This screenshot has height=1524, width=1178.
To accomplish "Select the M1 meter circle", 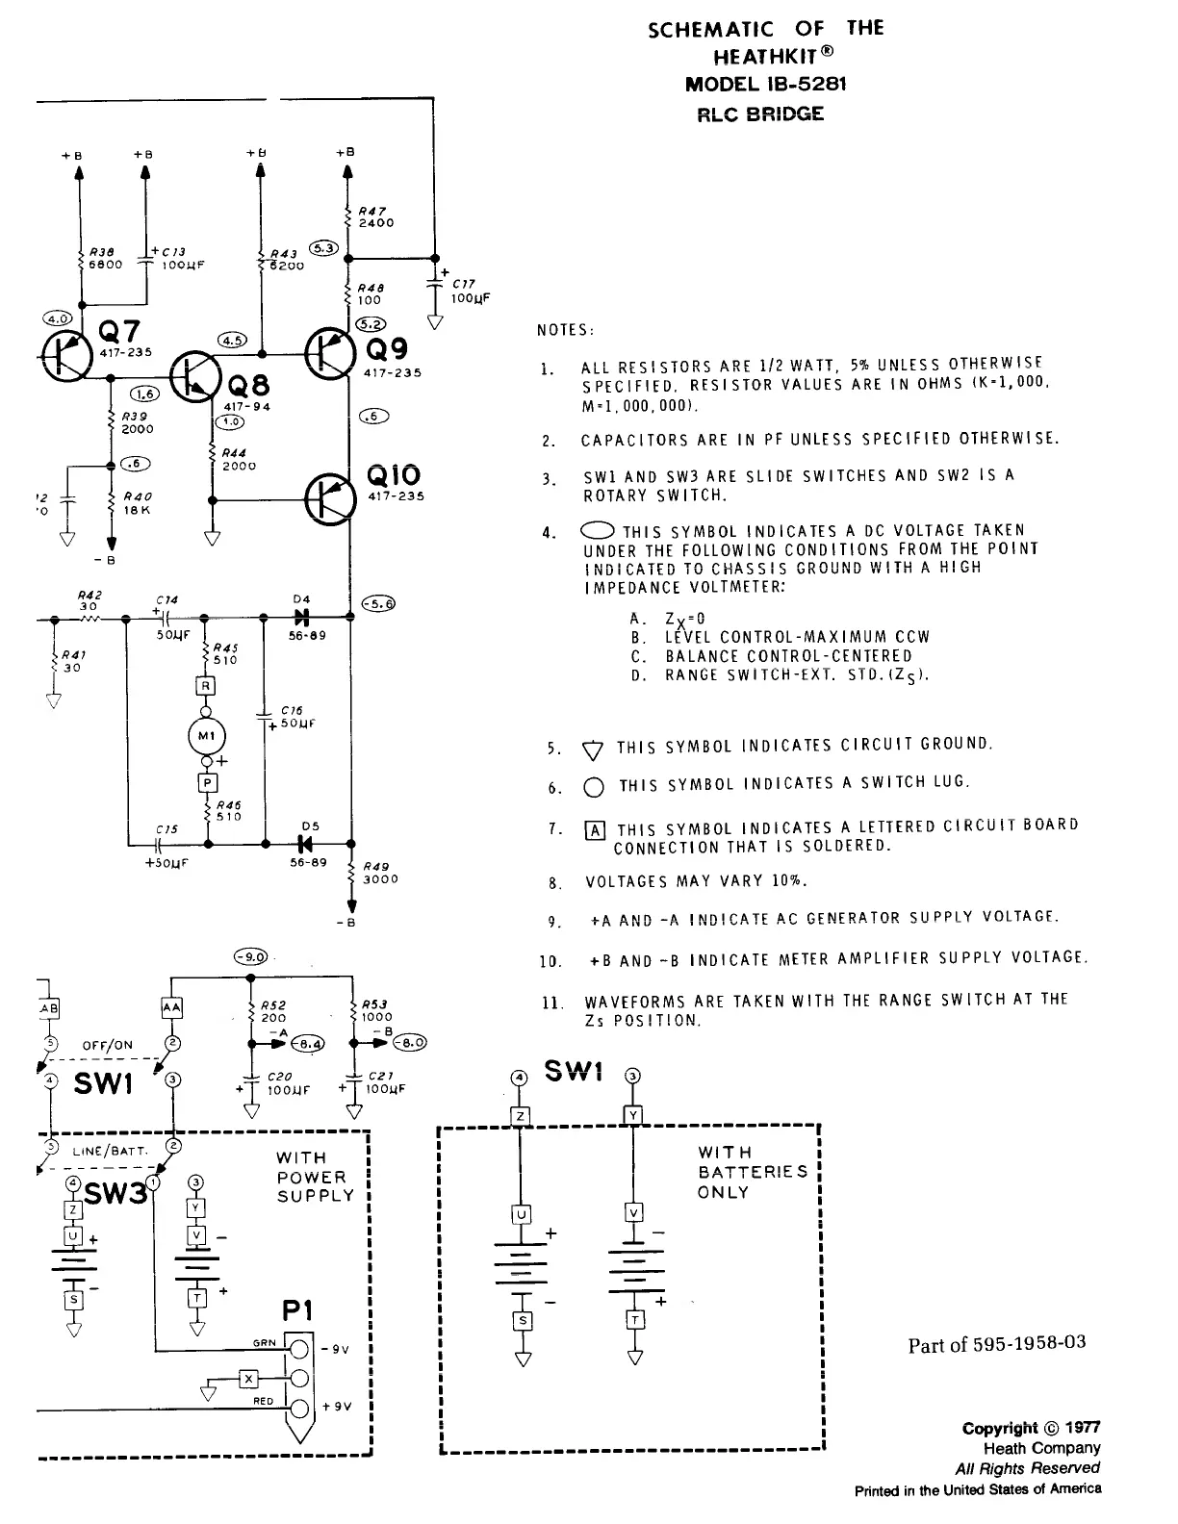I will pyautogui.click(x=207, y=736).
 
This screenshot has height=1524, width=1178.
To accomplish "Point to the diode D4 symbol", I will pyautogui.click(x=301, y=617).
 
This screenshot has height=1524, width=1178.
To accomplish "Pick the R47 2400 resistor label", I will pyautogui.click(x=375, y=216).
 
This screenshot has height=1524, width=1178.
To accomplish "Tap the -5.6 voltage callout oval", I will pyautogui.click(x=376, y=604).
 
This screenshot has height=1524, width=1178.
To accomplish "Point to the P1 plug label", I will pyautogui.click(x=297, y=1311).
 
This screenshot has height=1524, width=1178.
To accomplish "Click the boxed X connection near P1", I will pyautogui.click(x=248, y=1379).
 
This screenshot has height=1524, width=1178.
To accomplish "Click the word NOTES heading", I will pyautogui.click(x=566, y=331).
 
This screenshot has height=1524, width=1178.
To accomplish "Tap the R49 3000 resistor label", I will pyautogui.click(x=380, y=873).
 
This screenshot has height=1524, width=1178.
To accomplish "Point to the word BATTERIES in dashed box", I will pyautogui.click(x=753, y=1172).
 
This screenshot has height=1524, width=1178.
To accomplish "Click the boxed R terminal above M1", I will pyautogui.click(x=206, y=686).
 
